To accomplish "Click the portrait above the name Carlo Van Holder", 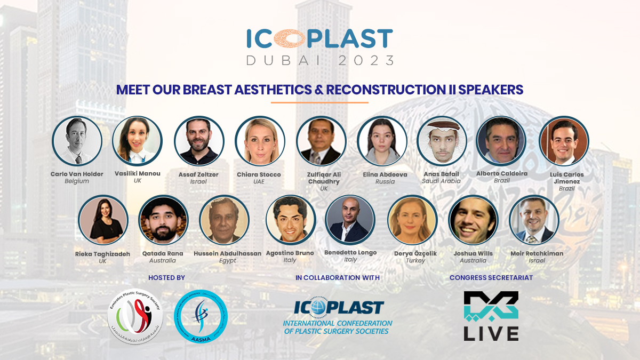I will tap(77, 141).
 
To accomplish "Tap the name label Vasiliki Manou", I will tap(137, 174).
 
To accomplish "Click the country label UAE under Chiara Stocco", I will tap(259, 181).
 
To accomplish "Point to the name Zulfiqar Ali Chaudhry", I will tap(321, 178).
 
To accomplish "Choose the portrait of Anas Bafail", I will tap(442, 141).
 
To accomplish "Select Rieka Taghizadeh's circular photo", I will tap(103, 220).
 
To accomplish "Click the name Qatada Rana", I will tap(163, 253).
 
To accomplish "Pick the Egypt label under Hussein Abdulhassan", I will tap(227, 261).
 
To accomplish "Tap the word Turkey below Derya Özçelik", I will tap(415, 261).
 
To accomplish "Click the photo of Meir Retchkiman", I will tap(534, 220).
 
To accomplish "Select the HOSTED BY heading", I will tap(166, 277).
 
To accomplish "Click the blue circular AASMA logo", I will tap(202, 316).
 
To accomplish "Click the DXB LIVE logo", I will tap(491, 316).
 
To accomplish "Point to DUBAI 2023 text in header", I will tap(320, 60).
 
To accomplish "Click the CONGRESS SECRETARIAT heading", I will tap(491, 277).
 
